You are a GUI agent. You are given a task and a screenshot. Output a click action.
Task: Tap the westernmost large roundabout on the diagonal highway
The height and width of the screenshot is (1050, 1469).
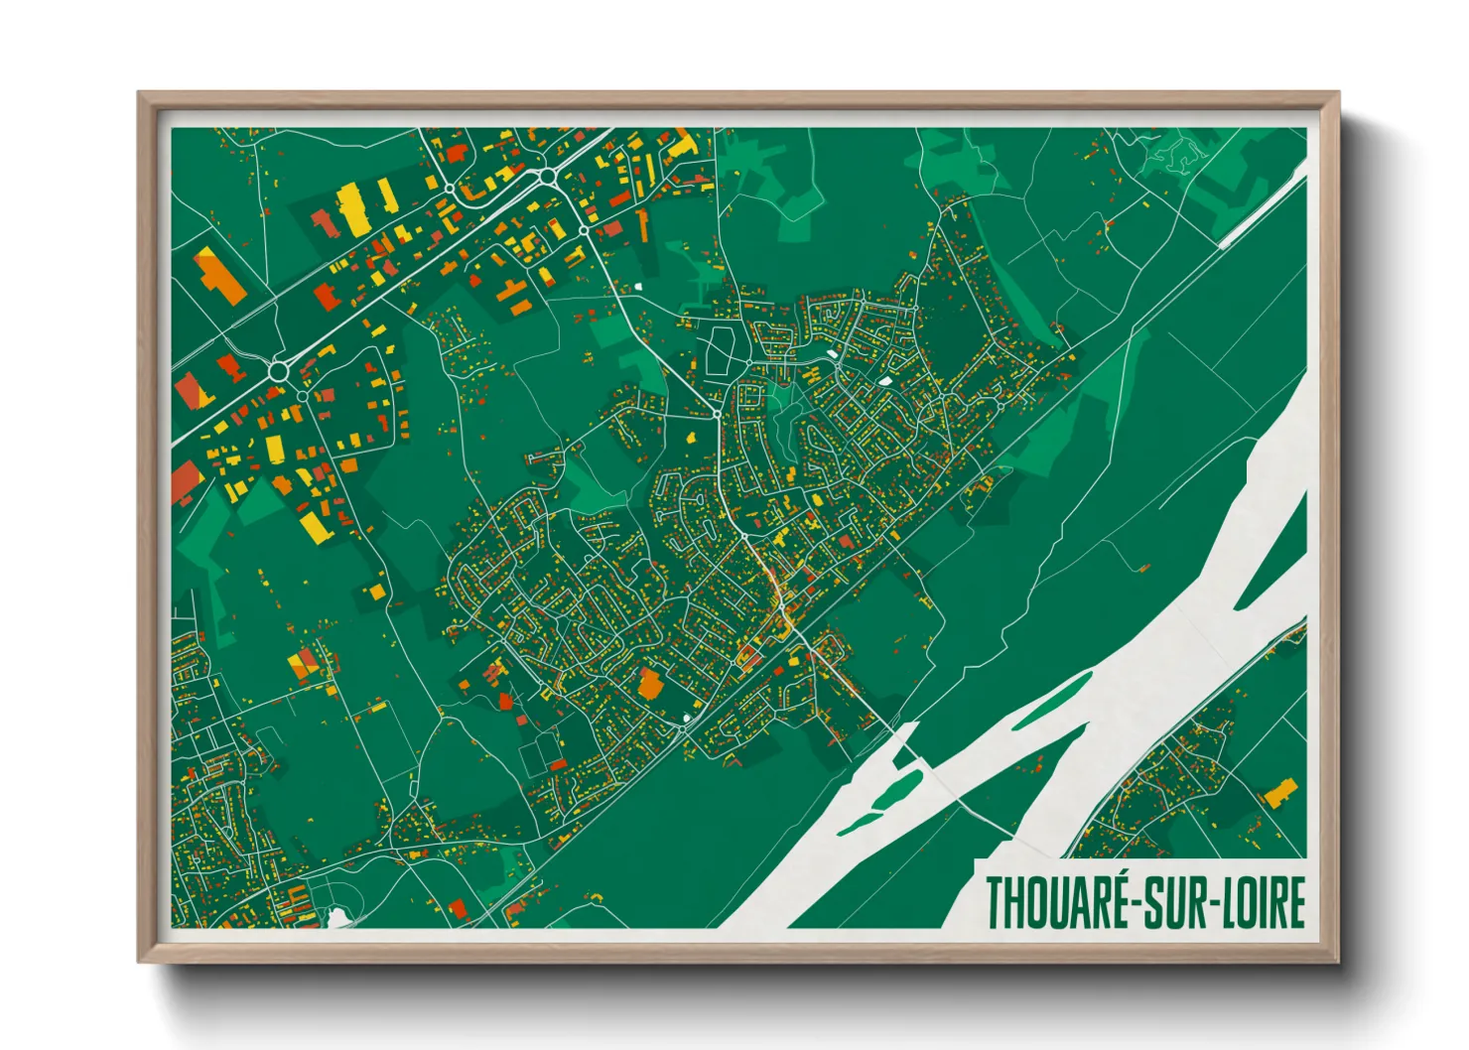(x=279, y=372)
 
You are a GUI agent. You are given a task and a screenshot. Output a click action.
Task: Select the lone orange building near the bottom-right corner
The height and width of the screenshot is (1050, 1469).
(x=1279, y=793)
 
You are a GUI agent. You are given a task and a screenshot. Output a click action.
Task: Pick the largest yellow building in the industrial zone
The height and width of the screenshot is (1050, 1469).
(x=354, y=208)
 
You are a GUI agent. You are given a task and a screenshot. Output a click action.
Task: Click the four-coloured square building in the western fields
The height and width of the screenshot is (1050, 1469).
(x=306, y=666)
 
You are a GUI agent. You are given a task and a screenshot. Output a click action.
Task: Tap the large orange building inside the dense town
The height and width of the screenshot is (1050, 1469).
(x=650, y=684)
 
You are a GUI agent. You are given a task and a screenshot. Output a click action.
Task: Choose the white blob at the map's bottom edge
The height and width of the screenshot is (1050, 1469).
(x=338, y=918)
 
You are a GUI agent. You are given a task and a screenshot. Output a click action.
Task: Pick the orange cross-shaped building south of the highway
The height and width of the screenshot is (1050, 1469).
(x=512, y=297)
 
